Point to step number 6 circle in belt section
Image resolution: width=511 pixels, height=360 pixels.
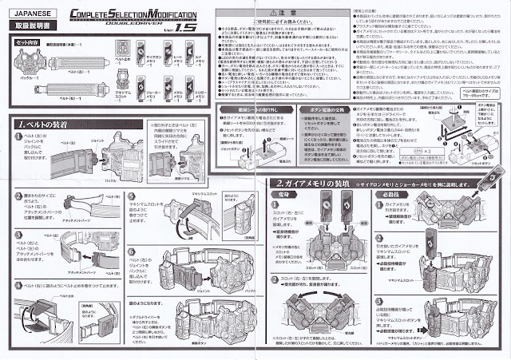[133, 253]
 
